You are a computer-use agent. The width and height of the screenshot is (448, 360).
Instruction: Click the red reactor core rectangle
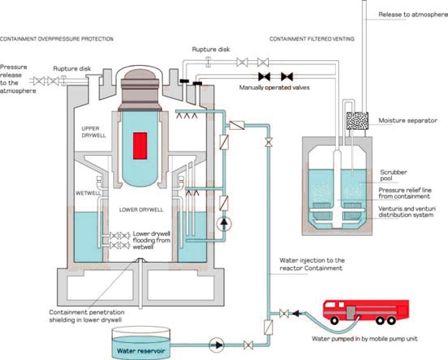140,146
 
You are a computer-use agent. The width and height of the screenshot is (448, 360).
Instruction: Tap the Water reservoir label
141,351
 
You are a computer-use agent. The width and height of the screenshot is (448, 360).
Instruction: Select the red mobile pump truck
366,312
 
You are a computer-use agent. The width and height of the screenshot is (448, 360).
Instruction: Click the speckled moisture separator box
357,121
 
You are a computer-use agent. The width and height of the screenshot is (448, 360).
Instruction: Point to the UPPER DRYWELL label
94,132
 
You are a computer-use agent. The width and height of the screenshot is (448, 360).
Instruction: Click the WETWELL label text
88,193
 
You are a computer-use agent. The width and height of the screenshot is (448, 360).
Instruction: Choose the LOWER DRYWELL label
141,209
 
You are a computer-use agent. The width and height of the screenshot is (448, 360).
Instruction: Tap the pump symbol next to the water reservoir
216,345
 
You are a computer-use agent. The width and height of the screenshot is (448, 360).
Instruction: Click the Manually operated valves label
274,87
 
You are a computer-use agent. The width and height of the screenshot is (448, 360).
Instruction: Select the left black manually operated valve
264,76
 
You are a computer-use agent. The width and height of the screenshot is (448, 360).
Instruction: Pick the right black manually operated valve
287,76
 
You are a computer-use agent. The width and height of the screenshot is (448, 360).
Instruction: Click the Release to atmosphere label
413,14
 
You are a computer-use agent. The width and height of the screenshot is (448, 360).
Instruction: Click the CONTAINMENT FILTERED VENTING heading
312,39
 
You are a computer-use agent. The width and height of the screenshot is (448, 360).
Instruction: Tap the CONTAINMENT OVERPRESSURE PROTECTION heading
57,39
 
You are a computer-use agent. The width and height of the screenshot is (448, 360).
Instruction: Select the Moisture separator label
408,120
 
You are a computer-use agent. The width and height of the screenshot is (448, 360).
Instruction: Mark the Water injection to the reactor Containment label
312,264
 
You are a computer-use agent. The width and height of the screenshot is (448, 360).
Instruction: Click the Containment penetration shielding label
87,316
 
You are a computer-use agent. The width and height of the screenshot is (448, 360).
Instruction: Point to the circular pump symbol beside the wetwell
224,224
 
